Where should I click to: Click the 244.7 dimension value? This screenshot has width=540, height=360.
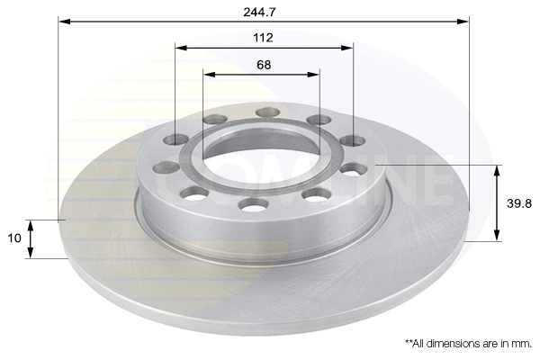259,12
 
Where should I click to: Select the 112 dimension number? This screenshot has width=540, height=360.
263,38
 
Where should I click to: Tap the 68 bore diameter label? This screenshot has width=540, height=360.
264,65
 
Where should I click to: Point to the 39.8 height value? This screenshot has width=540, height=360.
519,203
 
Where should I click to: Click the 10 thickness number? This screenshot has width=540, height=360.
14,238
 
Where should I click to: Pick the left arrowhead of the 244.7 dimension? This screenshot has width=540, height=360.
65,22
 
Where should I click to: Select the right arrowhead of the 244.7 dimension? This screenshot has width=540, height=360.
463,22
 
